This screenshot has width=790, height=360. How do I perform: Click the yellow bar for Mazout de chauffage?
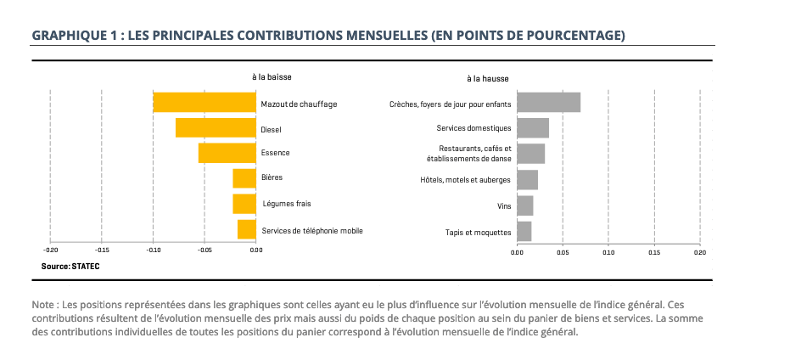click(205, 103)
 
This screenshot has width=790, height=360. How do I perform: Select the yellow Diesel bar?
click(216, 128)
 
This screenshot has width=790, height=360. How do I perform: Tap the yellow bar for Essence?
click(227, 153)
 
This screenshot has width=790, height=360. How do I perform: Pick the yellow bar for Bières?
click(244, 178)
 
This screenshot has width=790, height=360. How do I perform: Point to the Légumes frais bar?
click(244, 204)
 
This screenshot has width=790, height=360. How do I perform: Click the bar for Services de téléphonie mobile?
click(247, 229)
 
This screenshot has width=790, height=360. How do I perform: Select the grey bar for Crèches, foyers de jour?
click(548, 103)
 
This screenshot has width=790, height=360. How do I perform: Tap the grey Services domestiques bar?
click(533, 128)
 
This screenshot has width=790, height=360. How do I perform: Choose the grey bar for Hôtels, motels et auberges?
click(527, 180)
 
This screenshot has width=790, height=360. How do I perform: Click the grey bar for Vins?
click(524, 205)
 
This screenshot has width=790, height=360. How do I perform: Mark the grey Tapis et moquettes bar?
click(524, 231)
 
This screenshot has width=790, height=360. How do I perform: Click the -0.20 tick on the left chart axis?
click(51, 250)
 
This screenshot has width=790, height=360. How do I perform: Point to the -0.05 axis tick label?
click(205, 250)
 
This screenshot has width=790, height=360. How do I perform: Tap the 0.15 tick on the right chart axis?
click(654, 252)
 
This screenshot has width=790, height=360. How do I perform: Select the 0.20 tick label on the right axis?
click(699, 252)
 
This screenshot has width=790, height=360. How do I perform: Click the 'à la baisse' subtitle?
click(272, 77)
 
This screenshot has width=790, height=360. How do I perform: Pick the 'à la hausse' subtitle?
click(488, 79)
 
